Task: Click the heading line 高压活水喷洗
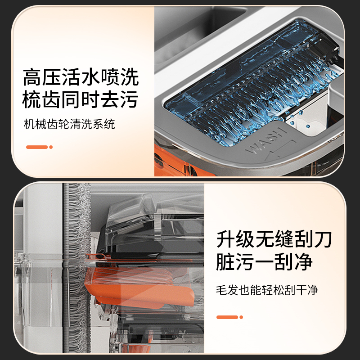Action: pos(81,77)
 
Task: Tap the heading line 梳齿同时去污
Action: pos(80,99)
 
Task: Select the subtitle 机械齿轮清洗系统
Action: pos(69,124)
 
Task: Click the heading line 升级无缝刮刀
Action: pos(274,239)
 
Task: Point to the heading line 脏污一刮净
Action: pos(264,261)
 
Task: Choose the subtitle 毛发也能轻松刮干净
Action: pos(267,290)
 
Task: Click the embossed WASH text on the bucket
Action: pos(266,140)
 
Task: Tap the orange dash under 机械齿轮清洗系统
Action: pos(37,147)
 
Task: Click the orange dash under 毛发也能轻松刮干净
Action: pos(227,317)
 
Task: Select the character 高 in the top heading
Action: pos(32,77)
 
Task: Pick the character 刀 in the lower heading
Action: pos(323,239)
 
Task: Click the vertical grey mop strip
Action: pos(76,267)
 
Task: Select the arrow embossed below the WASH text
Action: pos(280,150)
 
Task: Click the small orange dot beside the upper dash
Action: pos(51,147)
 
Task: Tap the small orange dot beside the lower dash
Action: pos(241,317)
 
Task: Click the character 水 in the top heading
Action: pos(90,77)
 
